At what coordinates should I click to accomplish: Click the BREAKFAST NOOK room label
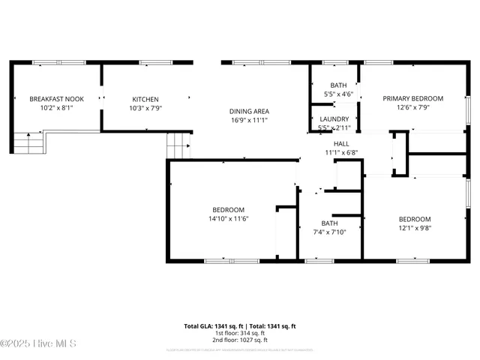click(56, 99)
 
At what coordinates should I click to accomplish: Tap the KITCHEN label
click(145, 99)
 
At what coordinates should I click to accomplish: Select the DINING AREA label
click(249, 111)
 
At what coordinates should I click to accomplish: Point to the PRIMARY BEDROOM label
click(412, 98)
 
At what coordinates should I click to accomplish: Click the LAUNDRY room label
click(334, 119)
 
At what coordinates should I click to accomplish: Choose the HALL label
click(341, 143)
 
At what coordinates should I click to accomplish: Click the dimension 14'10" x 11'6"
click(228, 219)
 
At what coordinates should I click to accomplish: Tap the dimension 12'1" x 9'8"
click(414, 228)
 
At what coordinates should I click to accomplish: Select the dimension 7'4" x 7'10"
click(330, 232)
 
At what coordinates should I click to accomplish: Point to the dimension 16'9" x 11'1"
click(249, 120)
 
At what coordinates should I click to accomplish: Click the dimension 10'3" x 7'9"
click(145, 108)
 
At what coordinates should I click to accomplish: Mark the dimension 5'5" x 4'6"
click(338, 94)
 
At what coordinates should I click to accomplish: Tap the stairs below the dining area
click(178, 145)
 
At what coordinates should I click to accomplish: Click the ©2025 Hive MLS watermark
click(39, 344)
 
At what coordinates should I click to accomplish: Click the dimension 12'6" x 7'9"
click(412, 108)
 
